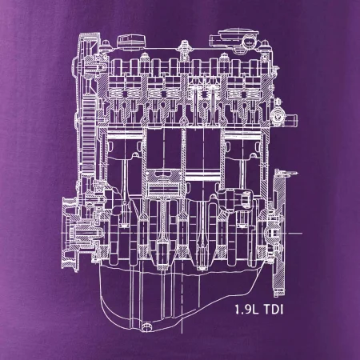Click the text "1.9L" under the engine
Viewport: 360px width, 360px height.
click(x=246, y=310)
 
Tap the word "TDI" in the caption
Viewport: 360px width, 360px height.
click(x=273, y=310)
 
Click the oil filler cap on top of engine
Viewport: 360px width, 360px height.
click(x=131, y=42)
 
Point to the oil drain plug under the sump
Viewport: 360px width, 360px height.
click(x=146, y=326)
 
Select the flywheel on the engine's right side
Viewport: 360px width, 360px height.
click(x=279, y=232)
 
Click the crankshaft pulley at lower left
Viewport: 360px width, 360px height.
click(x=70, y=234)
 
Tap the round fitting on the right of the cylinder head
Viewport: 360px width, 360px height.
click(x=276, y=117)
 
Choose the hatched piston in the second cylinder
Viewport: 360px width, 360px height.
click(x=164, y=182)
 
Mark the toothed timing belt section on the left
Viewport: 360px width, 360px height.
click(x=88, y=134)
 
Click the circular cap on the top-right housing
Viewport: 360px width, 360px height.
click(x=250, y=42)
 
